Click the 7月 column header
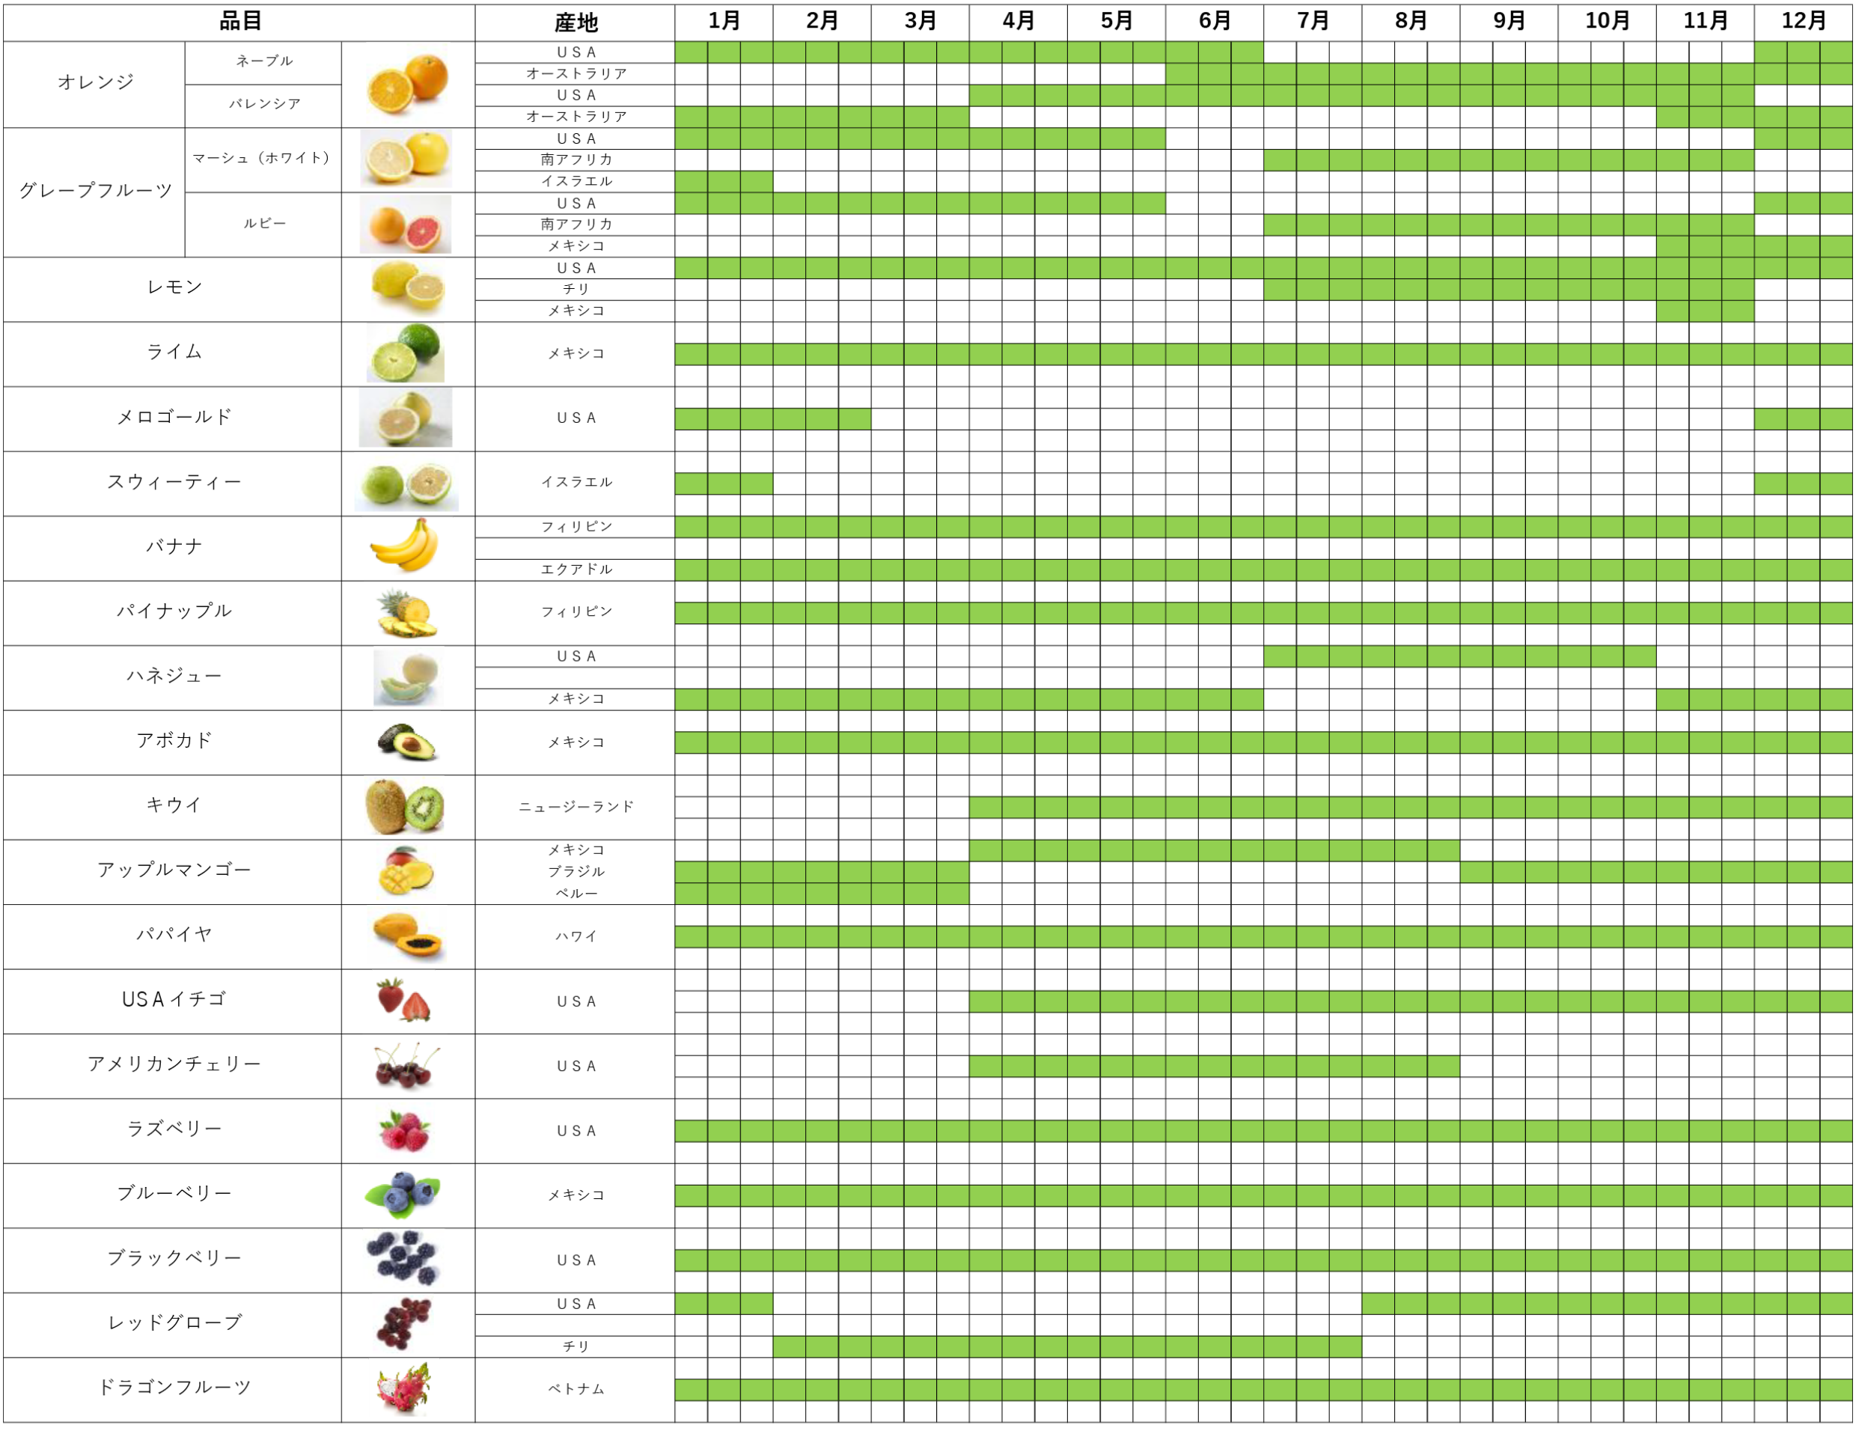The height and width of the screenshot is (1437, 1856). point(1312,21)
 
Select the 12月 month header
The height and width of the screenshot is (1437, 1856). point(1804,21)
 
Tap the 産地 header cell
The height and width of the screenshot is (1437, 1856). point(576,22)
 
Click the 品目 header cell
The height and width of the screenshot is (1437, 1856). point(239,21)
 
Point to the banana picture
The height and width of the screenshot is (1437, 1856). point(406,546)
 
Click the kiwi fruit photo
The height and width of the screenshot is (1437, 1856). point(406,807)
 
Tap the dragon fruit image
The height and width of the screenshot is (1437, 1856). point(405,1388)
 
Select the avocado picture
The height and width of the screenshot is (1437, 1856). point(406,741)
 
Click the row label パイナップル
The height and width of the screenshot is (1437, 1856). point(174,611)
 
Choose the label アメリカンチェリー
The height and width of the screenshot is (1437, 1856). point(174,1064)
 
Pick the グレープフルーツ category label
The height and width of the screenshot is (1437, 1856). point(95,191)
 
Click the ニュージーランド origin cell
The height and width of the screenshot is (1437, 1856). point(576,807)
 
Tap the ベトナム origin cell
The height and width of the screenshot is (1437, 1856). point(576,1388)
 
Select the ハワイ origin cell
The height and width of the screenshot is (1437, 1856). point(576,936)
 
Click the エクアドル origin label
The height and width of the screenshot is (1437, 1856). point(576,570)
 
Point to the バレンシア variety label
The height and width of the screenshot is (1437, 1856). point(264,104)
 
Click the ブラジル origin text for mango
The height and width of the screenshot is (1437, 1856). point(576,871)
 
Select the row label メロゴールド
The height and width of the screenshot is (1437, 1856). point(174,417)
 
